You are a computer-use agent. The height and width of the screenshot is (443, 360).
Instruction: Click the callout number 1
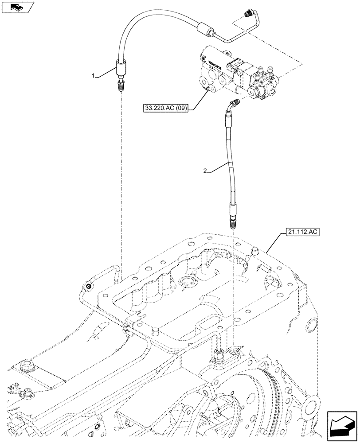coord(94,76)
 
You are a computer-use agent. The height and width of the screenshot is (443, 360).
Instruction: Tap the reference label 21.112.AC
coord(296,232)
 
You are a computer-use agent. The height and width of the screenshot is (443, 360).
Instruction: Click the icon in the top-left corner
coord(17,7)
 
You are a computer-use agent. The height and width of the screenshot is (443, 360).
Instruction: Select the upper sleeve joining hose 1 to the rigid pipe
coord(203,30)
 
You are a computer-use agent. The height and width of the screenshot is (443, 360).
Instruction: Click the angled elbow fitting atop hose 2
coord(233,106)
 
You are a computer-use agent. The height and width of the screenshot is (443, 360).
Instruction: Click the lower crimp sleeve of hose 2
coord(233,208)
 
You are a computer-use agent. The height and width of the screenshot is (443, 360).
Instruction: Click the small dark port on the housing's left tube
coord(88,288)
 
